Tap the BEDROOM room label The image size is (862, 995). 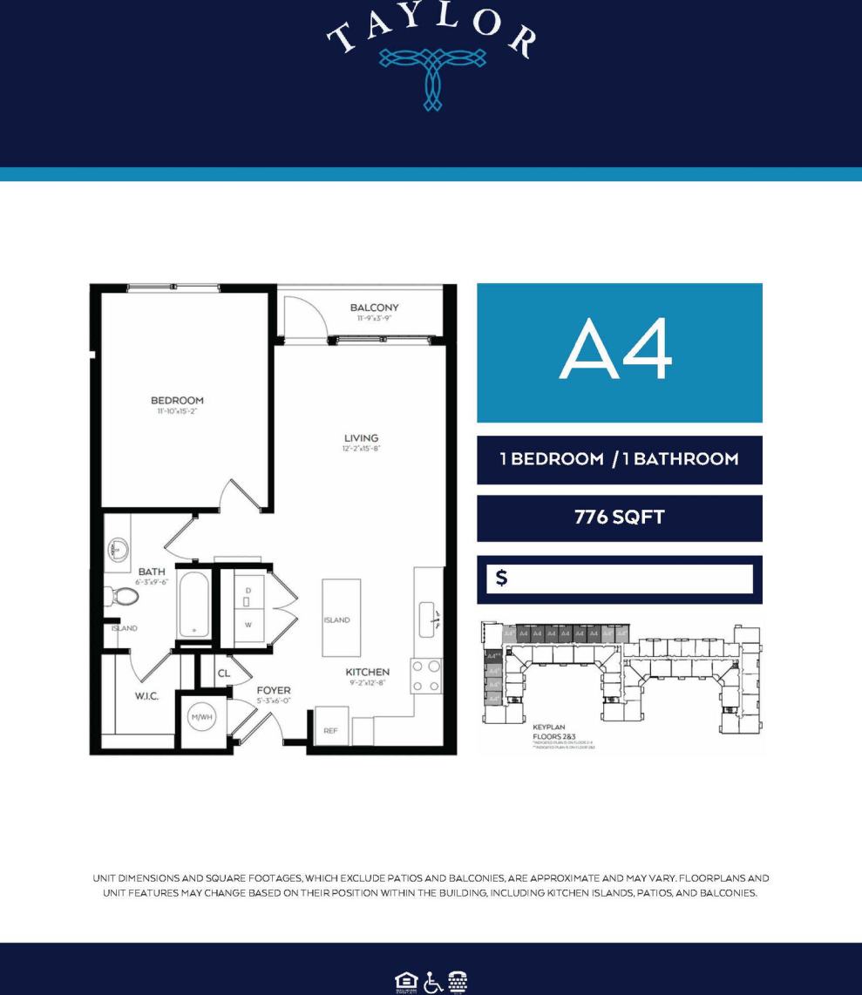pyautogui.click(x=177, y=402)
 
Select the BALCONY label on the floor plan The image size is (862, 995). pyautogui.click(x=374, y=308)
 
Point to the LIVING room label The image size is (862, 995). pyautogui.click(x=361, y=438)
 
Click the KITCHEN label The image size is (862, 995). pyautogui.click(x=367, y=672)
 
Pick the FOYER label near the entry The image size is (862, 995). pyautogui.click(x=273, y=690)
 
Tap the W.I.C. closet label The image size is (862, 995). pyautogui.click(x=146, y=697)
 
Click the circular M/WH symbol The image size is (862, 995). pyautogui.click(x=202, y=717)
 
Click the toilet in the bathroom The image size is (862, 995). pyautogui.click(x=123, y=597)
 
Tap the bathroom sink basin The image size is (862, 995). pyautogui.click(x=119, y=550)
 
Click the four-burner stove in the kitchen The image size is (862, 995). pyautogui.click(x=425, y=676)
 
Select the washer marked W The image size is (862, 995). pyautogui.click(x=248, y=625)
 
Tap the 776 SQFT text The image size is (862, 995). pyautogui.click(x=619, y=518)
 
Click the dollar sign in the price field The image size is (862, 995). pyautogui.click(x=501, y=579)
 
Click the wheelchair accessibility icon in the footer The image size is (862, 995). pyautogui.click(x=432, y=982)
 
